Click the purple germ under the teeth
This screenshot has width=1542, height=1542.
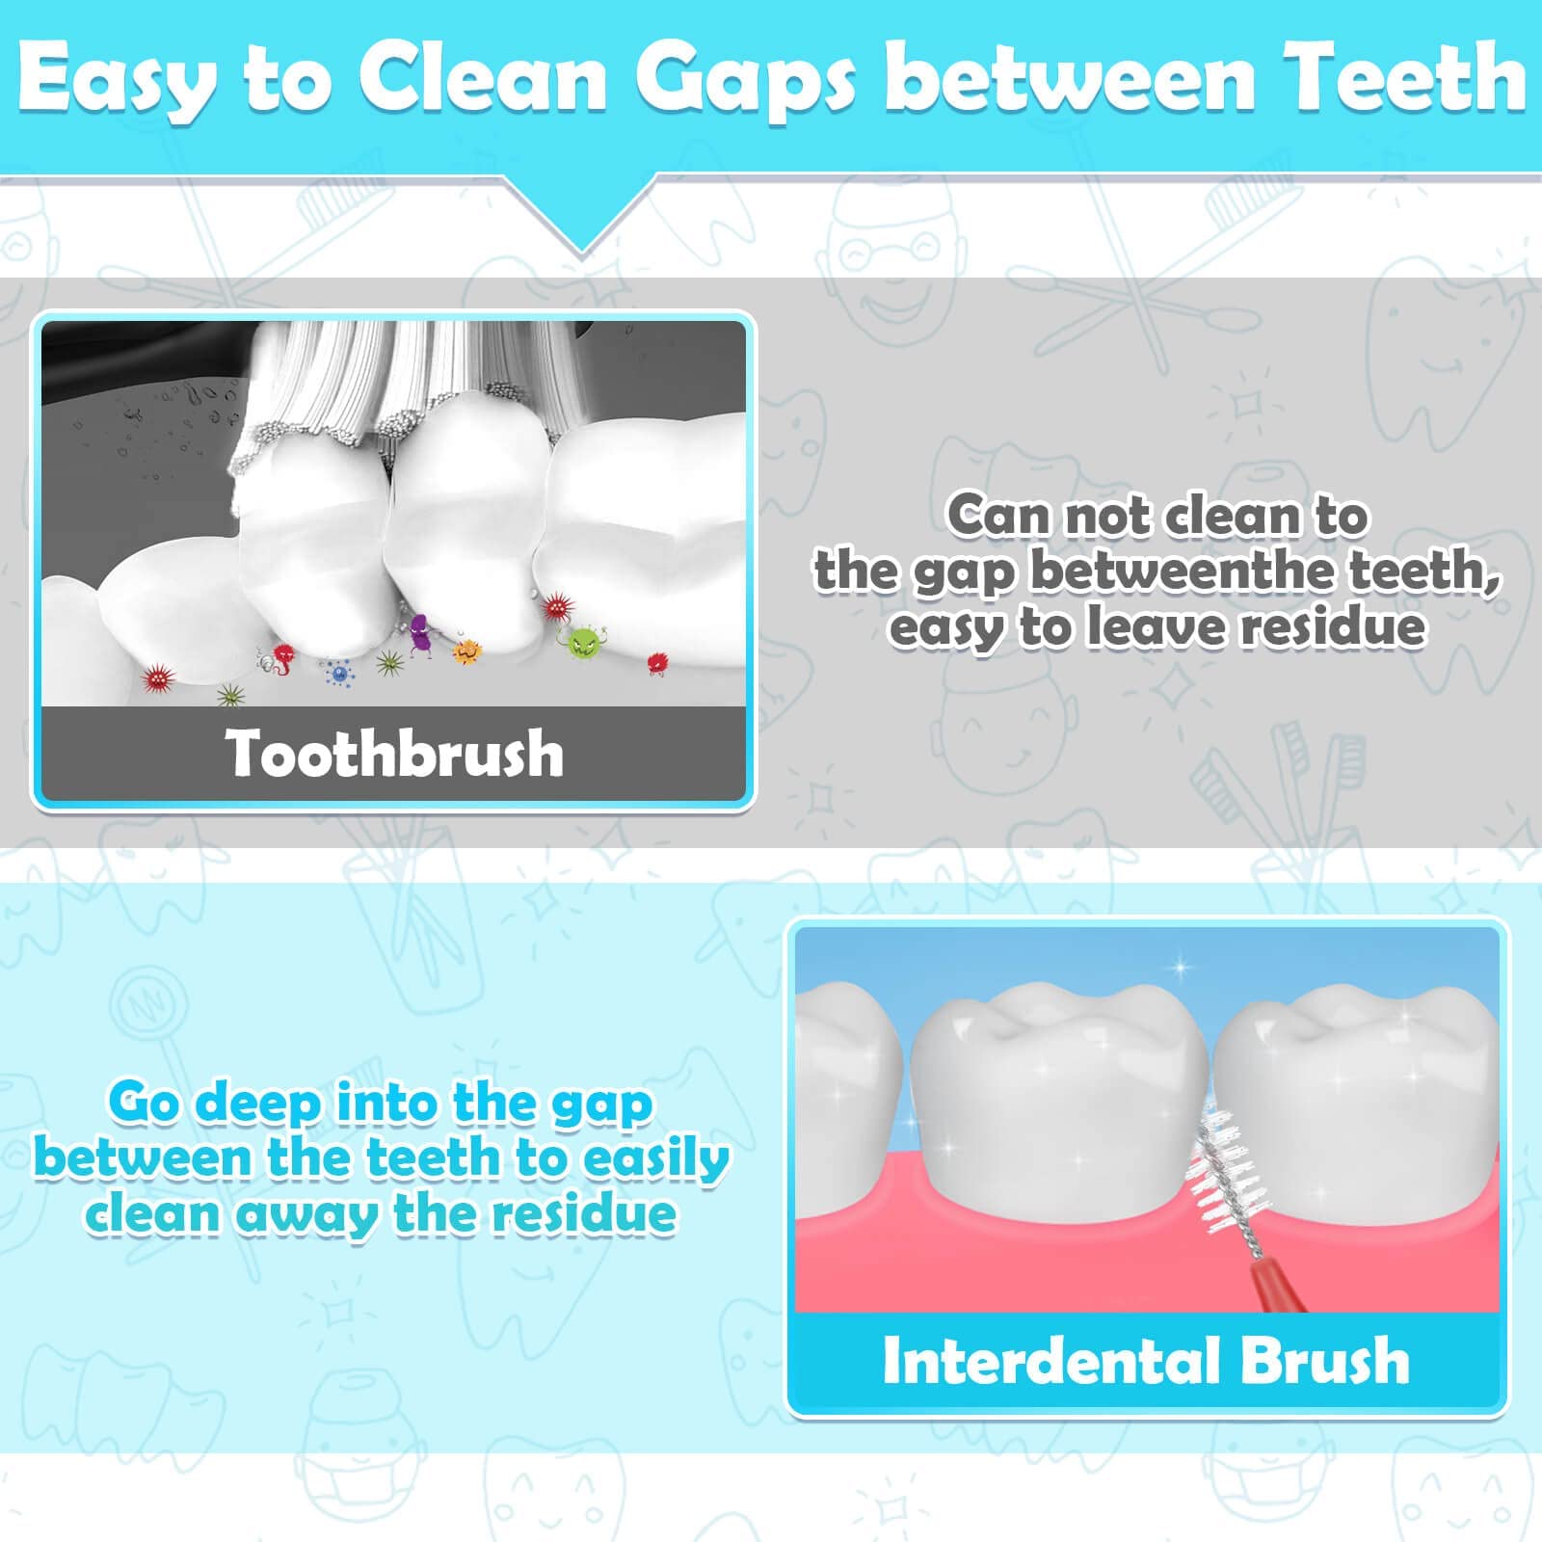420,633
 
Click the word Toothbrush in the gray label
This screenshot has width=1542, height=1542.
394,753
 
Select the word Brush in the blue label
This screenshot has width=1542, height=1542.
1325,1360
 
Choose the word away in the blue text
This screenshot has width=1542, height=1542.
307,1214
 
